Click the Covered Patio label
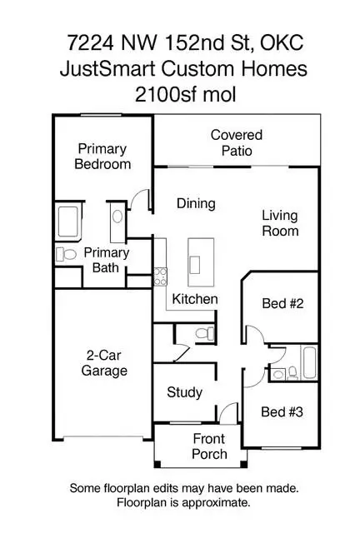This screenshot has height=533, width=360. pyautogui.click(x=237, y=142)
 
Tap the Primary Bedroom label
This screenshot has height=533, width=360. pyautogui.click(x=102, y=157)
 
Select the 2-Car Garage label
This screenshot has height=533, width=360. pyautogui.click(x=104, y=363)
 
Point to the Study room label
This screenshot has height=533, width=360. pyautogui.click(x=184, y=392)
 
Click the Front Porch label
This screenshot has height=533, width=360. pyautogui.click(x=209, y=446)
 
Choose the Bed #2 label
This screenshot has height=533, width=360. pyautogui.click(x=282, y=303)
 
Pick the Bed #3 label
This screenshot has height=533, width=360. pyautogui.click(x=282, y=412)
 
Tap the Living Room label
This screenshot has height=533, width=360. pyautogui.click(x=280, y=223)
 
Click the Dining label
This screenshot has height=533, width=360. pyautogui.click(x=196, y=203)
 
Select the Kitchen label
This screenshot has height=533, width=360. pyautogui.click(x=195, y=299)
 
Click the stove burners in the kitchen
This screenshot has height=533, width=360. pyautogui.click(x=160, y=276)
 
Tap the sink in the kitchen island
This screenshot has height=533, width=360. pyautogui.click(x=195, y=265)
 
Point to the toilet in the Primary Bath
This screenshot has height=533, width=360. pyautogui.click(x=66, y=254)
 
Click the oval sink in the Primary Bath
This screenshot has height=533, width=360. pyautogui.click(x=117, y=217)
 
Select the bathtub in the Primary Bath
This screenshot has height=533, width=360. pyautogui.click(x=68, y=222)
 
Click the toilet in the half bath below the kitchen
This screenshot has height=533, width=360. pyautogui.click(x=205, y=333)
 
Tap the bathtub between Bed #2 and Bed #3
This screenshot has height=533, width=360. pyautogui.click(x=310, y=362)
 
